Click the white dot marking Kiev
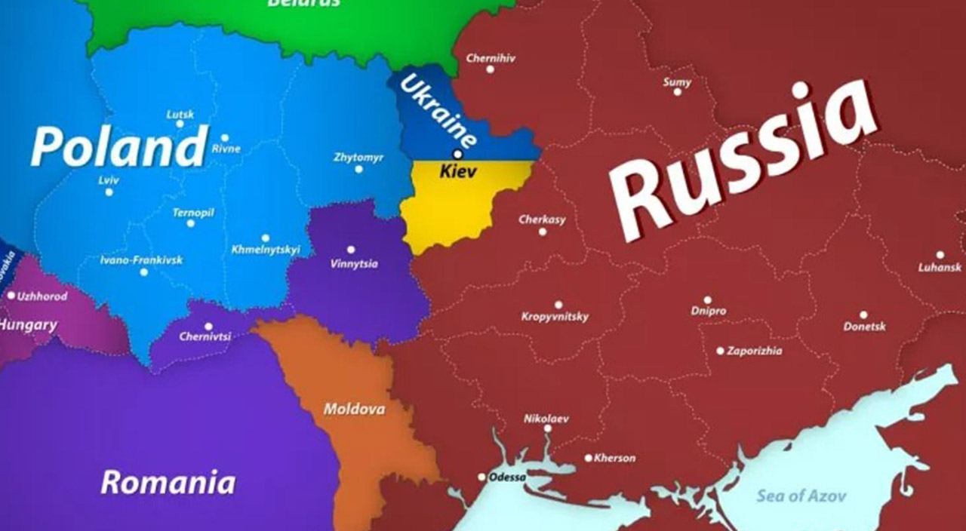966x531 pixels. (457, 154)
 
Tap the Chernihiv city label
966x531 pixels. (491, 57)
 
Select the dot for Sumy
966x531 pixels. (677, 91)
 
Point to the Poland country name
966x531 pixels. (118, 146)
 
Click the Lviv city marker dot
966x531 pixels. (109, 192)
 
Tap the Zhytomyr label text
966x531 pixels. (358, 158)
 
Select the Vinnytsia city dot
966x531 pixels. (350, 250)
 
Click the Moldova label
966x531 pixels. (354, 410)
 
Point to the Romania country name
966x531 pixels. (168, 482)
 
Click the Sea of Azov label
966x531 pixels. (801, 496)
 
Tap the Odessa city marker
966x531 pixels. (482, 477)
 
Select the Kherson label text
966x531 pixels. (615, 458)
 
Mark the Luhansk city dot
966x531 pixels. (940, 255)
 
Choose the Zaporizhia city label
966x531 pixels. (754, 351)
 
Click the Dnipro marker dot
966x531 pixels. (707, 300)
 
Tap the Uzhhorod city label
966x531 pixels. (42, 296)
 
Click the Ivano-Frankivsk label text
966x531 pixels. (141, 260)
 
